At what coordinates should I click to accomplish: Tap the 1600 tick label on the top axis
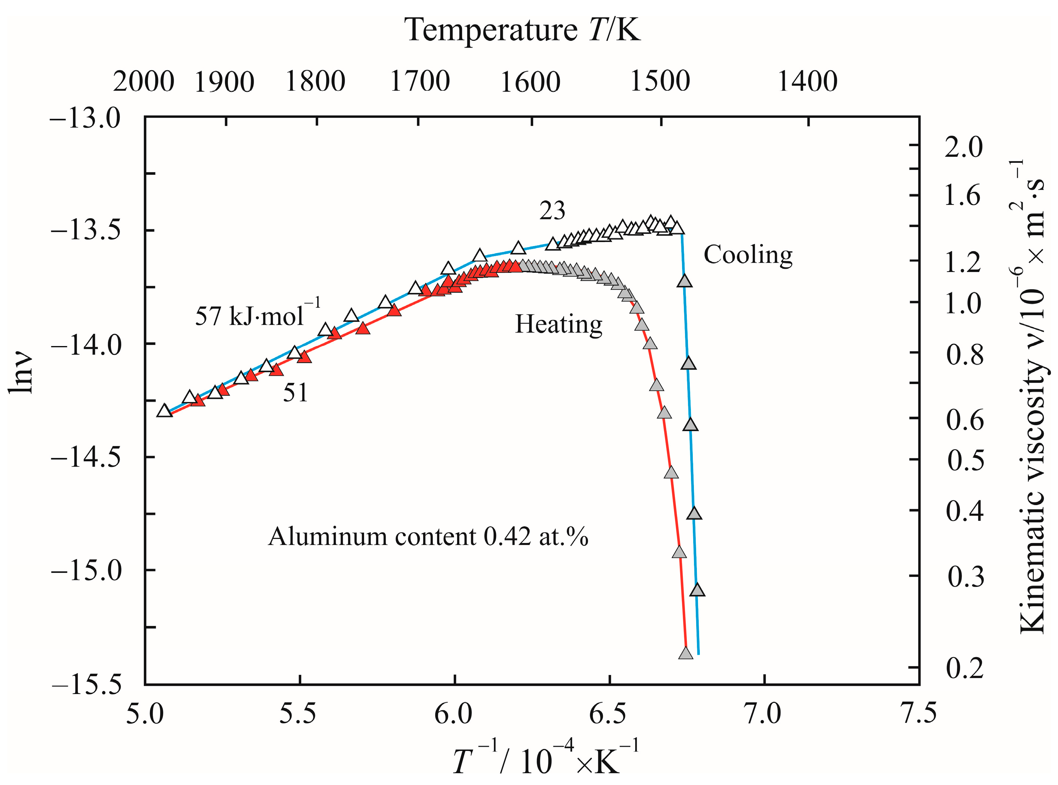click(530, 82)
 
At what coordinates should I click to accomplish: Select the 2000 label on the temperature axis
click(144, 82)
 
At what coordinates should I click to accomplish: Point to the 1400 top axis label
click(807, 82)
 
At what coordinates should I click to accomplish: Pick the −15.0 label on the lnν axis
click(86, 570)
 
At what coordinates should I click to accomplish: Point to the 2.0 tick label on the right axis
click(963, 147)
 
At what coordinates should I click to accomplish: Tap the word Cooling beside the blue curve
click(747, 255)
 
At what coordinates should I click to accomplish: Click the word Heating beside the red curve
click(559, 324)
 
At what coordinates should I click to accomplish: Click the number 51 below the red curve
click(295, 393)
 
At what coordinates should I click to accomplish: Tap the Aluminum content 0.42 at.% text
click(428, 537)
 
